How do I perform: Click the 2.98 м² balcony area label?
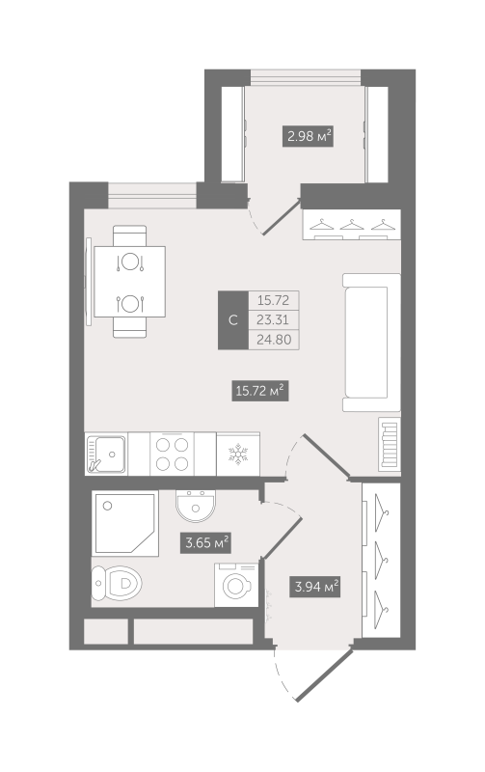pos(308,136)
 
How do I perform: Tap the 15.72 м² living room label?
pos(259,392)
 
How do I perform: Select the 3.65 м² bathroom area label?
pos(206,543)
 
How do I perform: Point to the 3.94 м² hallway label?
pos(315,587)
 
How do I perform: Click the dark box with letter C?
pos(233,320)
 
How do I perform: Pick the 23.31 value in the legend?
pos(273,320)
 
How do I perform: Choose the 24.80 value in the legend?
pos(274,340)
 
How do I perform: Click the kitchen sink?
pos(106,455)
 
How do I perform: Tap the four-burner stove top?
pos(172,455)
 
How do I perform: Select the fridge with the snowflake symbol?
pos(238,455)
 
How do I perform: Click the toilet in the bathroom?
pos(117,584)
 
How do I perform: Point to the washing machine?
pos(236,586)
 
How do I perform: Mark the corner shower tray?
pos(125,523)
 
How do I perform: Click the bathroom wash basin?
pos(196,506)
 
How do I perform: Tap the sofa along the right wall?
pos(372,343)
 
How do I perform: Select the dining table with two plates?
pos(130,282)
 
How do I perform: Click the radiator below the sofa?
pos(390,445)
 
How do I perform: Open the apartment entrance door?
pos(324,675)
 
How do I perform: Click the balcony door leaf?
pos(283,216)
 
